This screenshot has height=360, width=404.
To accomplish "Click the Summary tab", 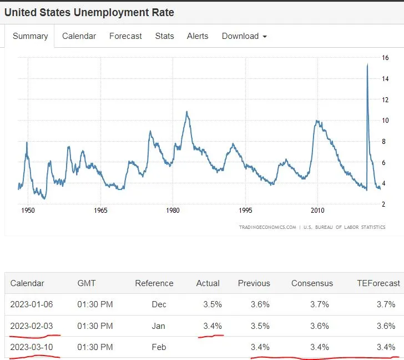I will [x=30, y=36].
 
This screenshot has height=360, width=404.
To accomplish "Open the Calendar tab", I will [x=79, y=36].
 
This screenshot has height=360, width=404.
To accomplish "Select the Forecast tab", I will [x=125, y=36].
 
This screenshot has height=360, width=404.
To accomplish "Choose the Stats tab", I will [x=164, y=36].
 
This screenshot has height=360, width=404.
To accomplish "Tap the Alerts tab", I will [x=198, y=36].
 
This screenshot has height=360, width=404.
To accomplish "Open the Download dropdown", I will [x=244, y=36].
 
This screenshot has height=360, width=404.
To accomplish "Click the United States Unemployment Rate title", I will [x=89, y=12].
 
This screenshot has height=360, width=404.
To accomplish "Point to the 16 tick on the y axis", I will [x=385, y=57].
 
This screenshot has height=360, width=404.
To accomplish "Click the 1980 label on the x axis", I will [x=173, y=211].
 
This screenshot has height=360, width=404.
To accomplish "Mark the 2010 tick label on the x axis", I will [x=317, y=211].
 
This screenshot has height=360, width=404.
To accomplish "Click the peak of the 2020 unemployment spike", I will [x=367, y=64].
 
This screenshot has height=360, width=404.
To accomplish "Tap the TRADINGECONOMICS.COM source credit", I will [x=267, y=227].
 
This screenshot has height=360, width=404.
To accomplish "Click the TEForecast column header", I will [x=378, y=283].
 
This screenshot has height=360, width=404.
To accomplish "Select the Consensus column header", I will [x=312, y=283].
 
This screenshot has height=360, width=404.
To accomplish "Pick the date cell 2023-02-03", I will [x=32, y=326].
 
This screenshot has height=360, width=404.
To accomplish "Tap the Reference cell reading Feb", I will [x=159, y=347].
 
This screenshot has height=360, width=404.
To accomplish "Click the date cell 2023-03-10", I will [x=32, y=347].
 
